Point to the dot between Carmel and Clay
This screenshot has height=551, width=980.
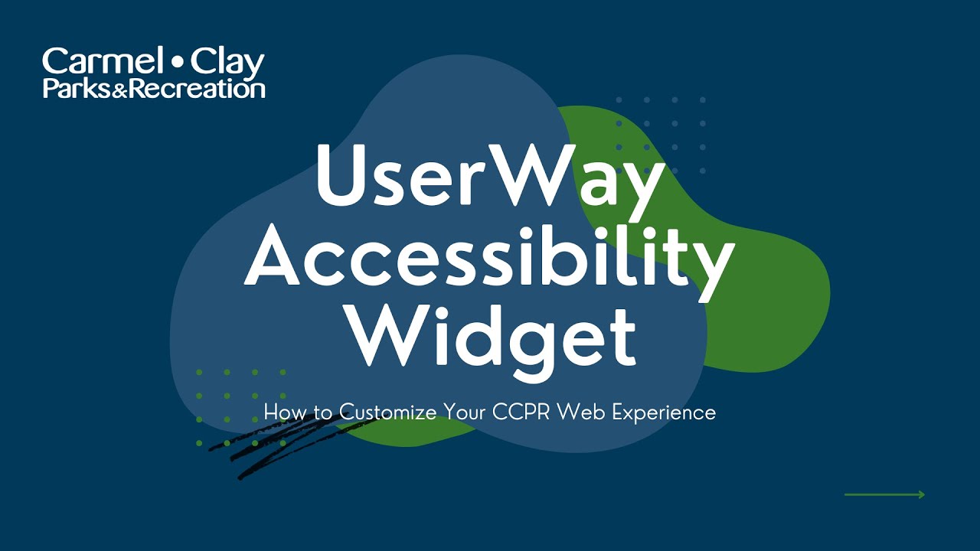pos(178,60)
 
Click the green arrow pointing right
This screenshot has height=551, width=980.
pos(884,494)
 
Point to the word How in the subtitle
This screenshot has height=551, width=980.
pos(280,412)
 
